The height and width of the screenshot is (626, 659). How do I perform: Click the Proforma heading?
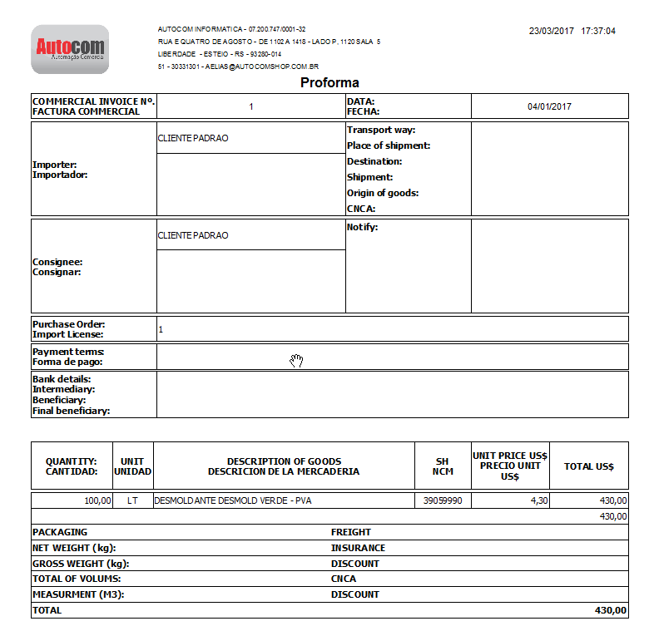click(x=329, y=83)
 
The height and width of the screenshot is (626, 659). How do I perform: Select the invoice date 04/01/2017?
click(x=549, y=106)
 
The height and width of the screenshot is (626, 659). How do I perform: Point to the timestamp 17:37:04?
click(x=598, y=31)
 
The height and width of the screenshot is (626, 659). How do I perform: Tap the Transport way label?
click(x=381, y=131)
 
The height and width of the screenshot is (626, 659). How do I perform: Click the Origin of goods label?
click(x=383, y=194)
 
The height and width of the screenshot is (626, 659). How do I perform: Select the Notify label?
click(x=363, y=228)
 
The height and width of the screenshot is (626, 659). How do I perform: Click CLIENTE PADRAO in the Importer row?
click(x=193, y=138)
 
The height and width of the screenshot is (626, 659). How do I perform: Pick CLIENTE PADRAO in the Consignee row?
click(x=193, y=235)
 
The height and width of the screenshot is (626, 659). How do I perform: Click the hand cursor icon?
click(x=296, y=360)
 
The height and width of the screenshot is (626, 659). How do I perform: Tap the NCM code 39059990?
click(x=443, y=501)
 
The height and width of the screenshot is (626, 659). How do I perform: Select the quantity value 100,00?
click(x=97, y=501)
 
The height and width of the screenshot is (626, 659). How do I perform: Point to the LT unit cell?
click(x=132, y=501)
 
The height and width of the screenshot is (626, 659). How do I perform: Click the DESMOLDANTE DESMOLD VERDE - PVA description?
click(x=232, y=501)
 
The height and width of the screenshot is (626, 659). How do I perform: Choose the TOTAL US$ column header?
click(x=588, y=466)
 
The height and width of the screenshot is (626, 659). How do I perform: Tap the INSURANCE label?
click(x=358, y=548)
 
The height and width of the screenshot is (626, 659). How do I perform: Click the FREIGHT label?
click(x=351, y=532)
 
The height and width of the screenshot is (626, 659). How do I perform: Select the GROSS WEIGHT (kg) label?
click(x=81, y=564)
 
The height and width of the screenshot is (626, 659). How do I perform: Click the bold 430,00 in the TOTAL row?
click(x=611, y=610)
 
